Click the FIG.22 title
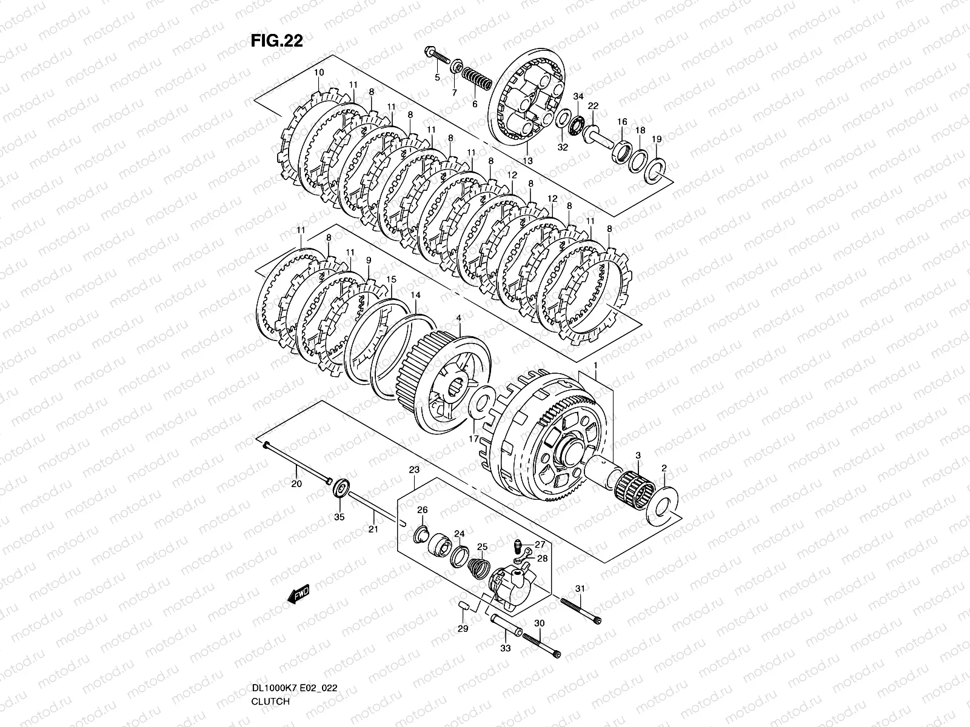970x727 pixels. [x=276, y=41]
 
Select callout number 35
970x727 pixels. [x=339, y=516]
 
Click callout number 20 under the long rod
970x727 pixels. [x=296, y=484]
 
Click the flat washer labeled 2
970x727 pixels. [x=662, y=502]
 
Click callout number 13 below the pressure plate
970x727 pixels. [x=528, y=161]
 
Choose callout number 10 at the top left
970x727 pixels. [x=319, y=73]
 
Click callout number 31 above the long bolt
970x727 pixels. [x=580, y=588]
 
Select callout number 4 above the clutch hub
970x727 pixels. [x=459, y=318]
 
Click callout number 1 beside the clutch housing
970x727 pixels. [x=596, y=366]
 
